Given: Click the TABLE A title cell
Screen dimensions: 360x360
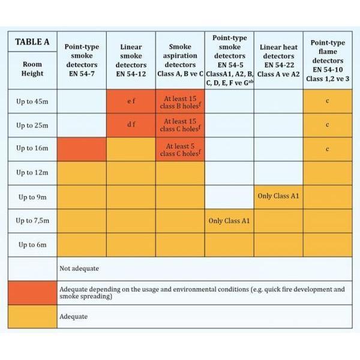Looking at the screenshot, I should pyautogui.click(x=32, y=43).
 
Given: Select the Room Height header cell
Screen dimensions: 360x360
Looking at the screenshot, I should pyautogui.click(x=32, y=69).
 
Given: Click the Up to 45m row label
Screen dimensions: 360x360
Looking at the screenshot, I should pyautogui.click(x=32, y=101).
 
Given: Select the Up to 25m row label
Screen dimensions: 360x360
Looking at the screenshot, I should pyautogui.click(x=32, y=125).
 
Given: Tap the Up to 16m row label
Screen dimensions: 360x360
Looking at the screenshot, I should pyautogui.click(x=32, y=149).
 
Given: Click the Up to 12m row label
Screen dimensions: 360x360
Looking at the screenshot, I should pyautogui.click(x=32, y=173).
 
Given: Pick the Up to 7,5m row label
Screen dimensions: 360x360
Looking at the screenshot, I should pyautogui.click(x=32, y=221).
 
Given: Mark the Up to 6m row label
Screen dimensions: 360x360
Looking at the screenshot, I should pyautogui.click(x=32, y=245).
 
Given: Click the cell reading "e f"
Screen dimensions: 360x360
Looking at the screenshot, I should pyautogui.click(x=131, y=101).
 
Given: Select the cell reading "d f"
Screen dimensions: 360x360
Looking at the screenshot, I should pyautogui.click(x=131, y=125).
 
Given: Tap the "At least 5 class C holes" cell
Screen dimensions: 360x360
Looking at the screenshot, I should pyautogui.click(x=180, y=149).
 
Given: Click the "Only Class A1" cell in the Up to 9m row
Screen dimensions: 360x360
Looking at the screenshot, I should pyautogui.click(x=278, y=197).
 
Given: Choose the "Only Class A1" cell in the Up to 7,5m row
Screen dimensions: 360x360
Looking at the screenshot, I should pyautogui.click(x=229, y=221).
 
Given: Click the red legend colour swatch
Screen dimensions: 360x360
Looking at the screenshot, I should pyautogui.click(x=32, y=292).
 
